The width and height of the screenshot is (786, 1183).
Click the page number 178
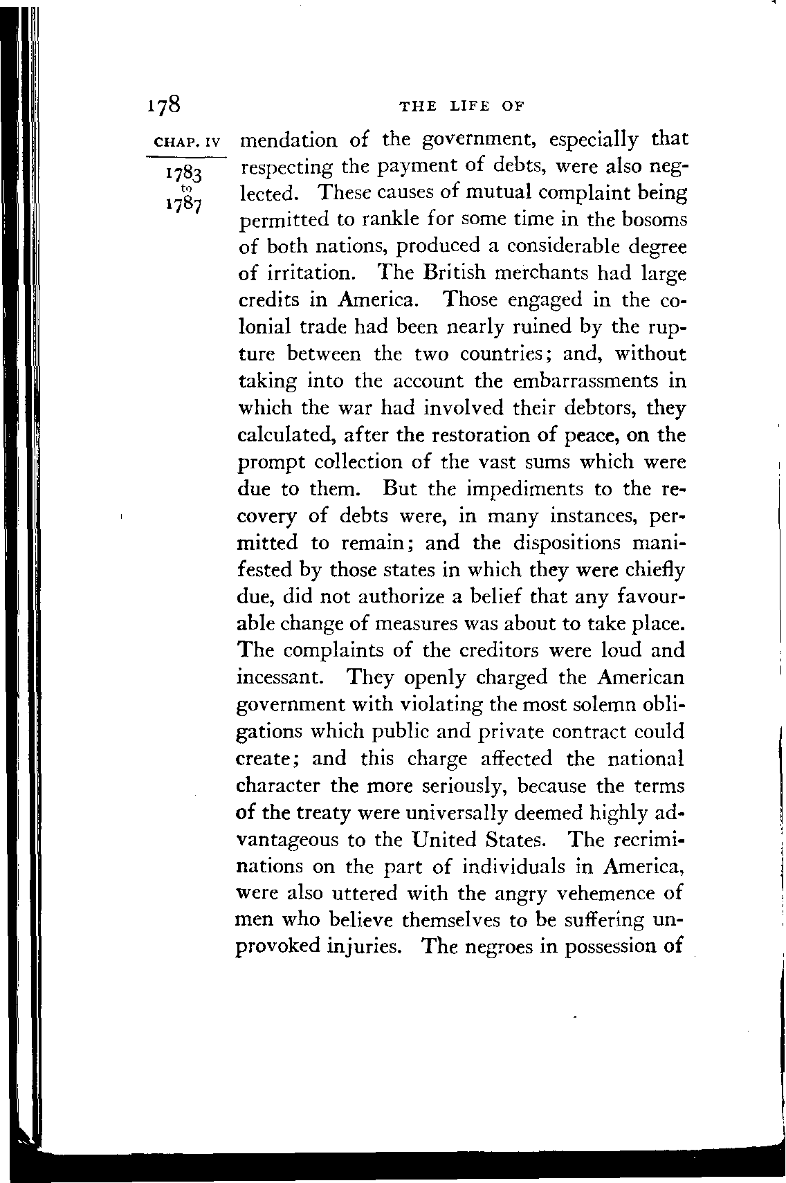point(164,104)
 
